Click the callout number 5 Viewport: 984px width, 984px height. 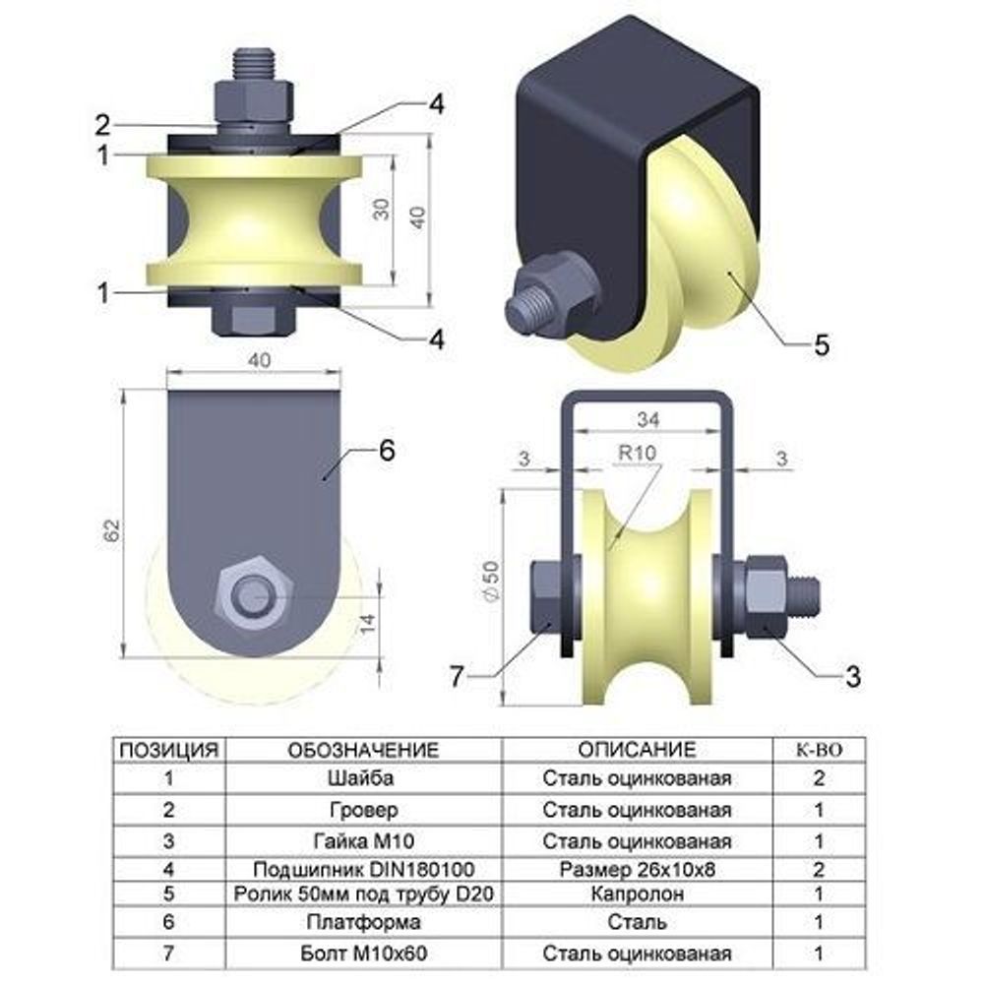click(x=822, y=344)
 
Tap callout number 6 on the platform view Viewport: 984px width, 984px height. click(x=387, y=450)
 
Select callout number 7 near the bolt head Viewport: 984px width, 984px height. click(x=457, y=676)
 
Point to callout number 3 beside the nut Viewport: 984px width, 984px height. click(x=852, y=676)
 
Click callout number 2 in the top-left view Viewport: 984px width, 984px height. click(x=103, y=126)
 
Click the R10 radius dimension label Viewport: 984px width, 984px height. click(x=637, y=453)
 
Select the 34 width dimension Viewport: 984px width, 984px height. click(x=647, y=419)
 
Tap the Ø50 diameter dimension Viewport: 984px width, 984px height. click(x=491, y=582)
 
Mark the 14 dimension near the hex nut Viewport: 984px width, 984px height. click(x=367, y=622)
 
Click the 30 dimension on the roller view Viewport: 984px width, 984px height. click(x=381, y=209)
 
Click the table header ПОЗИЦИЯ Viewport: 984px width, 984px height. click(x=169, y=750)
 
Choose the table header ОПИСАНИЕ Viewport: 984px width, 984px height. click(x=637, y=749)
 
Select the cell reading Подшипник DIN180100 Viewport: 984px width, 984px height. click(x=364, y=869)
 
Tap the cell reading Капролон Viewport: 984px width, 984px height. click(x=637, y=893)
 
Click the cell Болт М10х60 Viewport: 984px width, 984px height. click(x=364, y=953)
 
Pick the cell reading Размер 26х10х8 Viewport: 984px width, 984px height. click(x=637, y=869)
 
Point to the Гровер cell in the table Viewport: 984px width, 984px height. click(x=364, y=810)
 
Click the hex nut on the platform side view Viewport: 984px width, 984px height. click(x=254, y=595)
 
